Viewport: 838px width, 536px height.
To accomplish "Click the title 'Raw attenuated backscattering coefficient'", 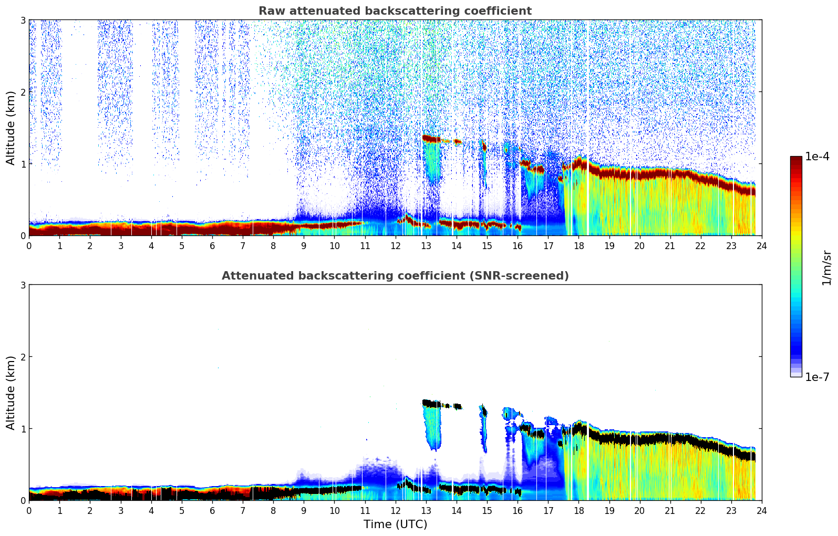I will [395, 11].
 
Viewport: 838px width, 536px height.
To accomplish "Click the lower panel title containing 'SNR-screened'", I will [395, 276].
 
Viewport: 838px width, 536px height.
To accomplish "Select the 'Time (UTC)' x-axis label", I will [395, 524].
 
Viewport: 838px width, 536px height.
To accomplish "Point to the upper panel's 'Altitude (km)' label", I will [11, 128].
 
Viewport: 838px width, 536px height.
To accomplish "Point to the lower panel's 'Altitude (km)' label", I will [11, 393].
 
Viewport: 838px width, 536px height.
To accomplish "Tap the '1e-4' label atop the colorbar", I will [817, 157].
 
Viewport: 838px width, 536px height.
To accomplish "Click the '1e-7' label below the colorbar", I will [817, 377].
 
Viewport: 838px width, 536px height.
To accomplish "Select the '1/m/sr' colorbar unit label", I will [826, 267].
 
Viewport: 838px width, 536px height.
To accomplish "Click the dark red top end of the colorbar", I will [796, 159].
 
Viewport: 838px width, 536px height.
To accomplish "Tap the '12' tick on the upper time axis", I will [395, 246].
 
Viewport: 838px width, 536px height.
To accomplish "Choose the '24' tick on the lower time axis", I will [761, 511].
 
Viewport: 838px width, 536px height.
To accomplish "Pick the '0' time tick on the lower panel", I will [29, 511].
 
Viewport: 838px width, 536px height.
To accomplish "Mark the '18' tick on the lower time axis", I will [578, 511].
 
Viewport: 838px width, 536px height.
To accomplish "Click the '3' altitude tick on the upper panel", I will [23, 20].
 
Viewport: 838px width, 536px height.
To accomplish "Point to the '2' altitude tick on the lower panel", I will [23, 357].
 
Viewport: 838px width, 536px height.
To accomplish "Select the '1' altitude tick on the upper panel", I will [23, 164].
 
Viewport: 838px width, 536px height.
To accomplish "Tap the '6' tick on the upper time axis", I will [212, 246].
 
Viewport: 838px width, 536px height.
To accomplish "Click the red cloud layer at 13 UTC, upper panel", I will [431, 139].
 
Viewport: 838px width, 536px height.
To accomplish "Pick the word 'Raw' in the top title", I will [269, 11].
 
